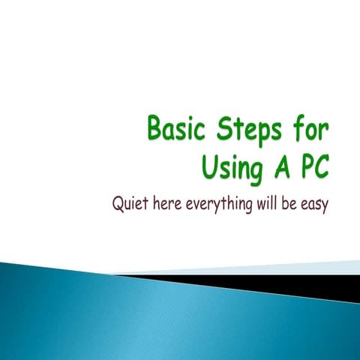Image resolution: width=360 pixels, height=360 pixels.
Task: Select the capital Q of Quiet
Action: click(x=117, y=204)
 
